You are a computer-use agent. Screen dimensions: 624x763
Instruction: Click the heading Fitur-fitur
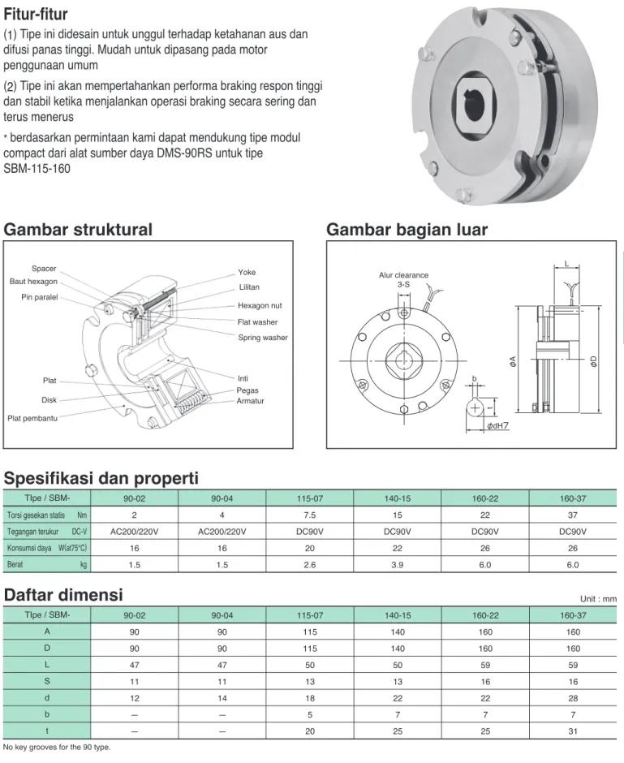(x=36, y=14)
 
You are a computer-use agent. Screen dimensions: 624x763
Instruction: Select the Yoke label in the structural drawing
(x=247, y=272)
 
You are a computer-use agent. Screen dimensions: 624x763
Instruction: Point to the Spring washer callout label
(x=263, y=337)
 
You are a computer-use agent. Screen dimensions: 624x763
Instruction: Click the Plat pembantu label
(x=32, y=418)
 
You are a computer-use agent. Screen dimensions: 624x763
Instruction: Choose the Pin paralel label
(x=40, y=297)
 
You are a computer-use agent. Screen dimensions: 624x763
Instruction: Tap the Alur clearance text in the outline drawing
(x=403, y=275)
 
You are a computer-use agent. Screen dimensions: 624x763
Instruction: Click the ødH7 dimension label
(x=497, y=425)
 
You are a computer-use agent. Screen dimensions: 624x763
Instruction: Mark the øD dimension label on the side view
(x=593, y=361)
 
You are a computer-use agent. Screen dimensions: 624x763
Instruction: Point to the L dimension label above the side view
(x=566, y=263)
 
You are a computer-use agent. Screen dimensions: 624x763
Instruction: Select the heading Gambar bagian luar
(x=407, y=230)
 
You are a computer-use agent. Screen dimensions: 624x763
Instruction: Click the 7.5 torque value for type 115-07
(x=310, y=515)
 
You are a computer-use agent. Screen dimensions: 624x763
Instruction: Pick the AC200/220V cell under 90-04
(x=222, y=532)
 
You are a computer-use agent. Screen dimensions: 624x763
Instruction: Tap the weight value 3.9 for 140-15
(x=398, y=564)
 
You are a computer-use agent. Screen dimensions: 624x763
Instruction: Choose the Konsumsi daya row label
(x=29, y=548)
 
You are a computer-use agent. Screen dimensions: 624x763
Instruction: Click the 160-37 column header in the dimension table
(x=573, y=615)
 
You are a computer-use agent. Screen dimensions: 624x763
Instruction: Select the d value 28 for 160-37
(x=573, y=698)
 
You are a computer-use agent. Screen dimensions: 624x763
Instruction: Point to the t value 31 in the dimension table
(x=573, y=731)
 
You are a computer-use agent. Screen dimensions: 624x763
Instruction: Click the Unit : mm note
(x=598, y=599)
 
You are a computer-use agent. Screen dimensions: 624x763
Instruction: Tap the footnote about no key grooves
(x=57, y=747)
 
